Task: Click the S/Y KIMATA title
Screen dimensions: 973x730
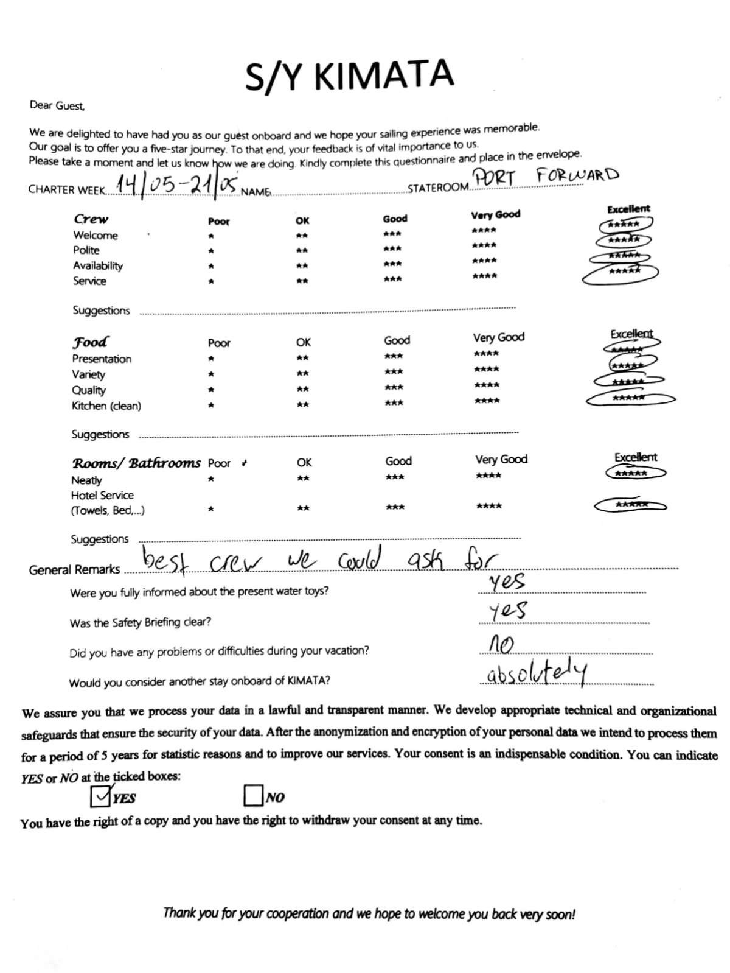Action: coord(349,76)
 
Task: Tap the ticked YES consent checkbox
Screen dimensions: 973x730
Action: coord(100,796)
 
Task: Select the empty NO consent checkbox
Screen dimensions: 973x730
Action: coord(252,795)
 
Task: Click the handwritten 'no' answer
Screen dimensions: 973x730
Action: coord(502,644)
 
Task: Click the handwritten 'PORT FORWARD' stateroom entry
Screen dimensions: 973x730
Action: coord(546,177)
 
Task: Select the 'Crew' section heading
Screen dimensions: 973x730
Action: coord(91,219)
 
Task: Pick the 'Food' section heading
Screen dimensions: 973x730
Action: coord(91,342)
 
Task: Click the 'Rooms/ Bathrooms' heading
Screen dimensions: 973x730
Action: coord(136,463)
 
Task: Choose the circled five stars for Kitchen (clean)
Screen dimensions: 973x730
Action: coord(629,398)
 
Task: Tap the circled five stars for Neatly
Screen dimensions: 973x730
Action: coord(631,473)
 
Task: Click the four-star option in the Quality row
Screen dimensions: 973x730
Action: coord(487,385)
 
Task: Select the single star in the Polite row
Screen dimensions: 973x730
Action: coord(211,251)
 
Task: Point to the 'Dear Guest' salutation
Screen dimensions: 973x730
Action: coord(57,105)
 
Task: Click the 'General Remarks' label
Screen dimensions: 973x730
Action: coord(75,570)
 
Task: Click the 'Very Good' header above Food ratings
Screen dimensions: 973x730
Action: coord(499,337)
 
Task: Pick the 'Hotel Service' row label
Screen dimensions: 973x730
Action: coord(102,496)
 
